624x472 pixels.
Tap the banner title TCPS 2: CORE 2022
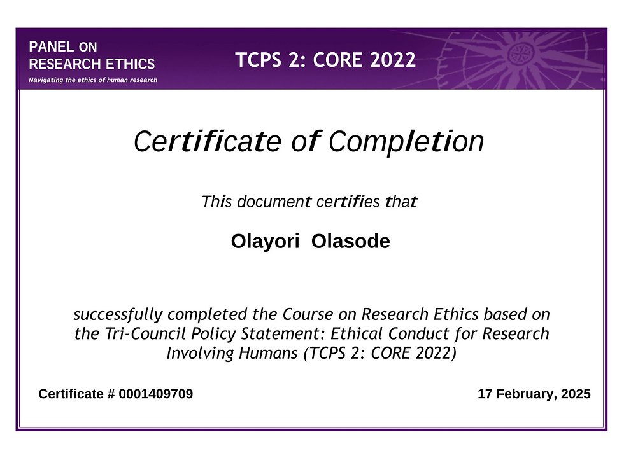point(325,60)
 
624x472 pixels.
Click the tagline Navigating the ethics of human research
point(89,80)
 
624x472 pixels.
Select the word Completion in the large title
point(406,142)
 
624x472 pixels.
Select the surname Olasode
point(351,242)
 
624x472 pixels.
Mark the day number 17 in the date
point(485,394)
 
